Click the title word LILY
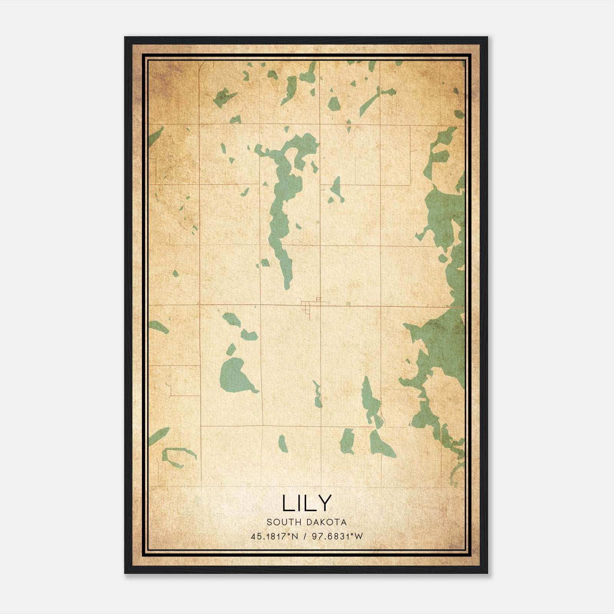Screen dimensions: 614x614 point(307,503)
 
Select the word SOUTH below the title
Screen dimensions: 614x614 point(284,522)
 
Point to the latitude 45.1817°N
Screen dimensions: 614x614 point(274,536)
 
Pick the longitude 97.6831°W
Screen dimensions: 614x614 point(337,536)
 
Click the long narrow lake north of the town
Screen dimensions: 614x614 point(282,215)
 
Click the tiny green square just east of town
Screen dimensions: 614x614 point(348,304)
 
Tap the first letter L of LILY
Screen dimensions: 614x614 point(287,503)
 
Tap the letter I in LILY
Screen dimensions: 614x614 point(299,503)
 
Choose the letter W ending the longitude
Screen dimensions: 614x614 point(359,536)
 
